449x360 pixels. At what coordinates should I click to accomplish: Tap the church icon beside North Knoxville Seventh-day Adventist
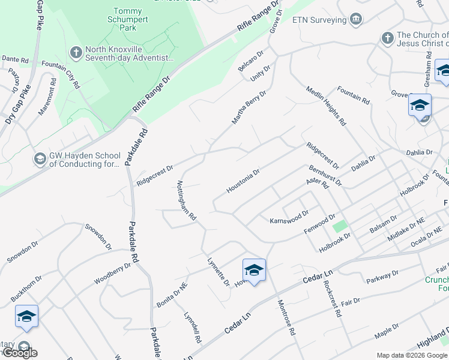(x=76, y=52)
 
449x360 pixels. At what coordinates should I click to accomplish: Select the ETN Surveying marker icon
(x=357, y=20)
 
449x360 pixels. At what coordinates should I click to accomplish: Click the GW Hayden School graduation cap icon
(x=40, y=159)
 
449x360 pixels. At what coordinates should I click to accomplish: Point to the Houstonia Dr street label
(x=243, y=181)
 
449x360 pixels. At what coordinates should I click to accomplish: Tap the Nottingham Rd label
(x=187, y=202)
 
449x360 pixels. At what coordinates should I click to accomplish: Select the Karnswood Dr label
(x=289, y=216)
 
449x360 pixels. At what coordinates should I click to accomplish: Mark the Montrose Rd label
(x=286, y=318)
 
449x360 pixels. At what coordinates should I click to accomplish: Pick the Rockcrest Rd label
(x=332, y=299)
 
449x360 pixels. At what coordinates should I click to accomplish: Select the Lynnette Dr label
(x=218, y=271)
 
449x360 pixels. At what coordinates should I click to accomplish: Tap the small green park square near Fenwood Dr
(x=340, y=227)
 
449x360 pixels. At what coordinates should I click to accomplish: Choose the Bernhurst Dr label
(x=325, y=174)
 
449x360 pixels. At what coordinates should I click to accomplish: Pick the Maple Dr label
(x=387, y=331)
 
